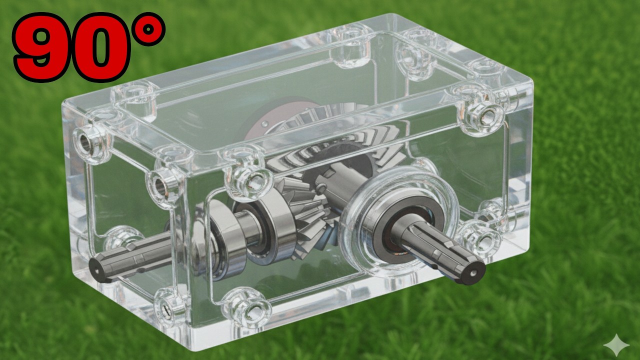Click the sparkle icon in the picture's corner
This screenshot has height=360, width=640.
coord(616,345)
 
